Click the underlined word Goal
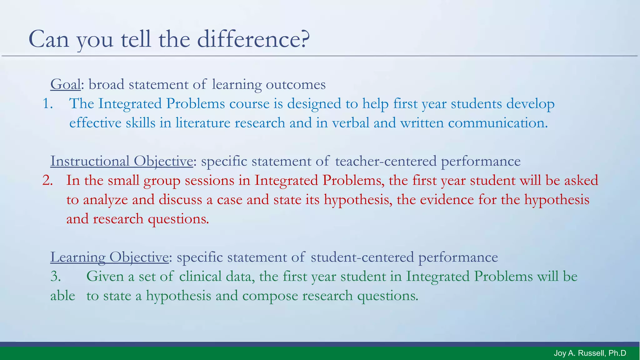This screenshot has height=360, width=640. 66,85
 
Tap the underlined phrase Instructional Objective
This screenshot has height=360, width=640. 122,162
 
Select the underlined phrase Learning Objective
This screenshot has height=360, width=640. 109,257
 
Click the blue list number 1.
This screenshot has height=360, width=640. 47,104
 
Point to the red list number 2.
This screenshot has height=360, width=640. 47,181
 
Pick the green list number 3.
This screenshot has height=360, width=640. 56,277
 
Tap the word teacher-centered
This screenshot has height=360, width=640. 386,162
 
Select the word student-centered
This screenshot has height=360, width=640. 362,257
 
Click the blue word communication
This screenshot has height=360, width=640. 497,123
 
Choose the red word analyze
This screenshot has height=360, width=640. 105,200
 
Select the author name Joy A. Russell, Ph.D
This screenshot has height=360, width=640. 590,353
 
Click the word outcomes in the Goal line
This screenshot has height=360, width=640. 296,85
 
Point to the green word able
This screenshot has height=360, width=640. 62,296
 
